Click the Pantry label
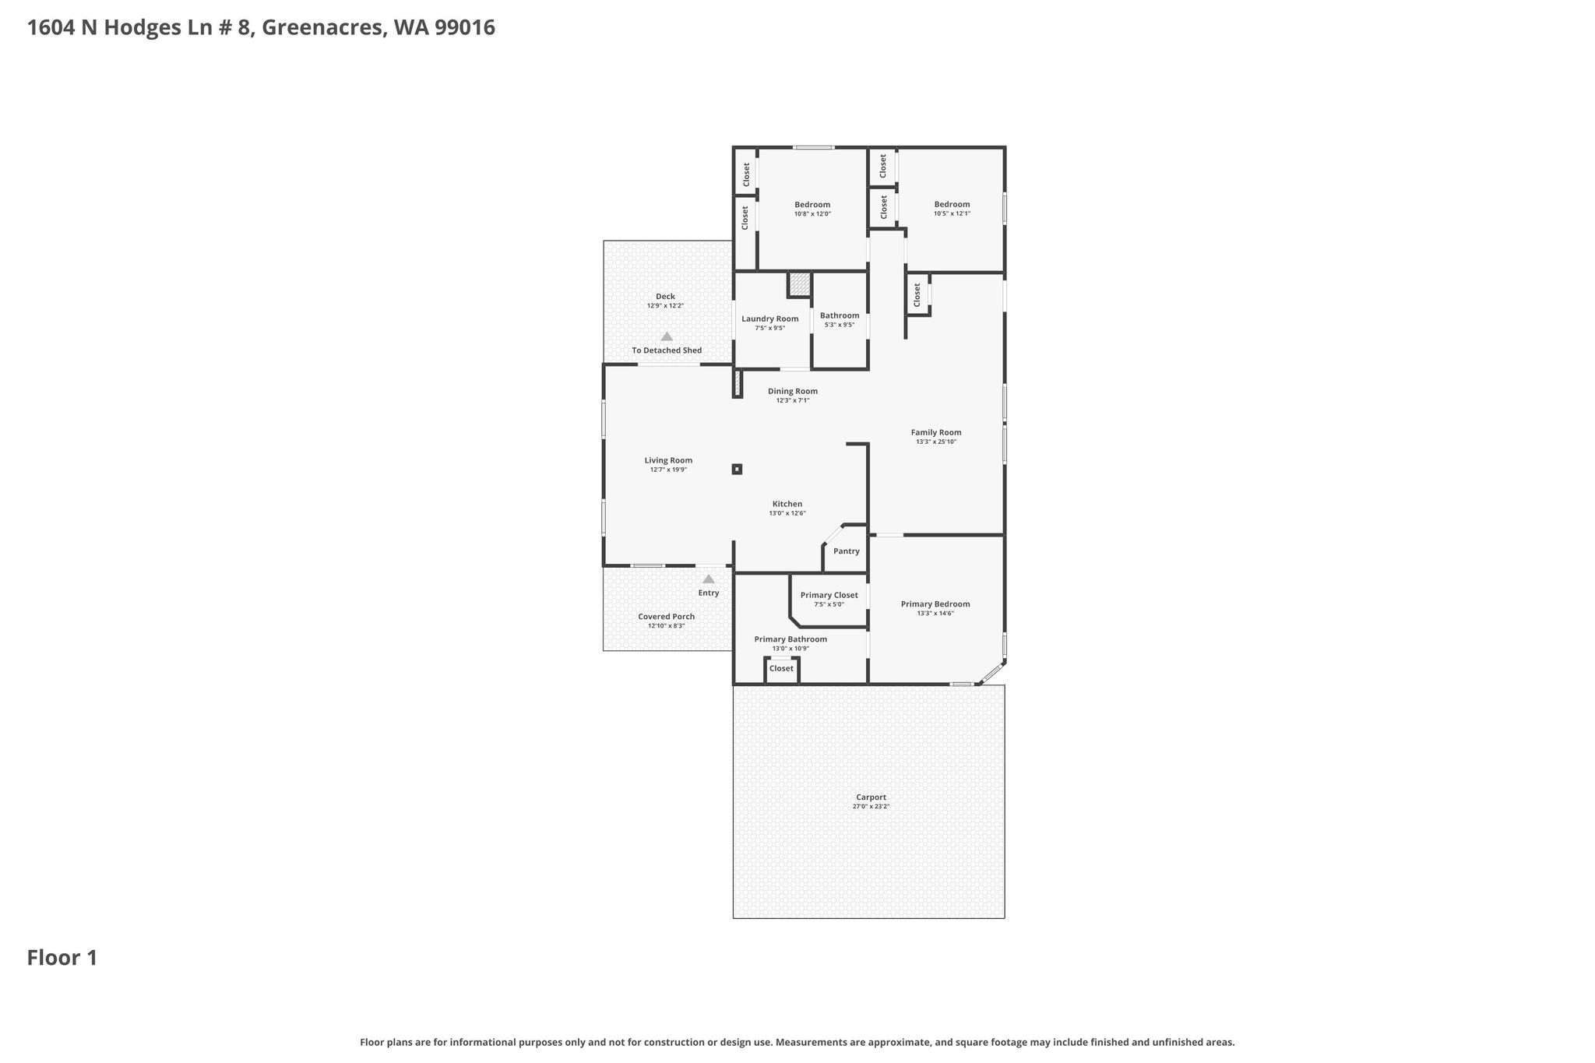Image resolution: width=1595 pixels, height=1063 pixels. coord(846,551)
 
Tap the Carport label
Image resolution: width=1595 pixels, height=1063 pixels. coord(871,797)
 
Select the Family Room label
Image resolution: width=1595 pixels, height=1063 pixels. coord(936,432)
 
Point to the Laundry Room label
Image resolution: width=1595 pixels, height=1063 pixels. coord(769,319)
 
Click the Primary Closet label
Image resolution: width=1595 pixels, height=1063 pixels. coord(829,595)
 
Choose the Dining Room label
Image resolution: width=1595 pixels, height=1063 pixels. coord(793,391)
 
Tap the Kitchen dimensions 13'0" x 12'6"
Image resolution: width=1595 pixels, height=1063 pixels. coord(787,513)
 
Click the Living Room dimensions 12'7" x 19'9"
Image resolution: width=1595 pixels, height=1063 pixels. coord(668,470)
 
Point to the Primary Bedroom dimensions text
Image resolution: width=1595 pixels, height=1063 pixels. coord(935,614)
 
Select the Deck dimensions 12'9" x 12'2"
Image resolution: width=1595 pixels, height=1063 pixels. coord(665,306)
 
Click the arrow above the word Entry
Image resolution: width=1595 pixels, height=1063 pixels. coord(709,579)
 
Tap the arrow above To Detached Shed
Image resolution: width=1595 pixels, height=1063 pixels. coord(667,336)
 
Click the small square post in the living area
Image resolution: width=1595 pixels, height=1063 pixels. coord(737,469)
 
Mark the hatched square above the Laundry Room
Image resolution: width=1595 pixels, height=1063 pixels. coord(799,284)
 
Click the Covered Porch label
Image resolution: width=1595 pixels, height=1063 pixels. coord(666,617)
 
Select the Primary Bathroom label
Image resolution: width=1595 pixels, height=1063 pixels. coord(790,639)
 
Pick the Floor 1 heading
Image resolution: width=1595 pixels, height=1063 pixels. coord(62,958)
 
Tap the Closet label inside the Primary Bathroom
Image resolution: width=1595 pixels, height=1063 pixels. coord(781,668)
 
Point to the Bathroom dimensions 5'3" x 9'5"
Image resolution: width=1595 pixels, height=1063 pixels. coord(840,325)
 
